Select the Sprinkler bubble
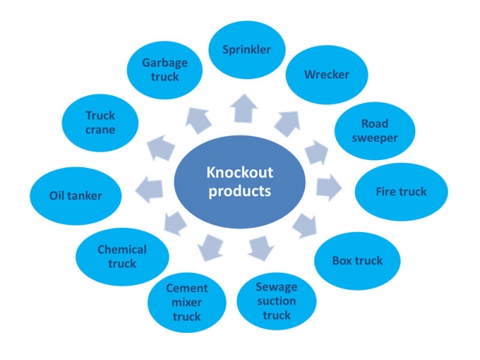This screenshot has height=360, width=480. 246,50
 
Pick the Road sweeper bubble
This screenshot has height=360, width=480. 374,130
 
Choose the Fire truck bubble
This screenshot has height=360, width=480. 401,192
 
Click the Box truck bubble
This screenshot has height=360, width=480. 357,260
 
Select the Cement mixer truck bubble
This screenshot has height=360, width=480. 186,302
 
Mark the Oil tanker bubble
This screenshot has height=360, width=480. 76,194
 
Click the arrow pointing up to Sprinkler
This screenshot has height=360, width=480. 242,110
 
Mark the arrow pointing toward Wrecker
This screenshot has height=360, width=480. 286,122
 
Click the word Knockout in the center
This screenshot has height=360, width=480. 239,172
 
